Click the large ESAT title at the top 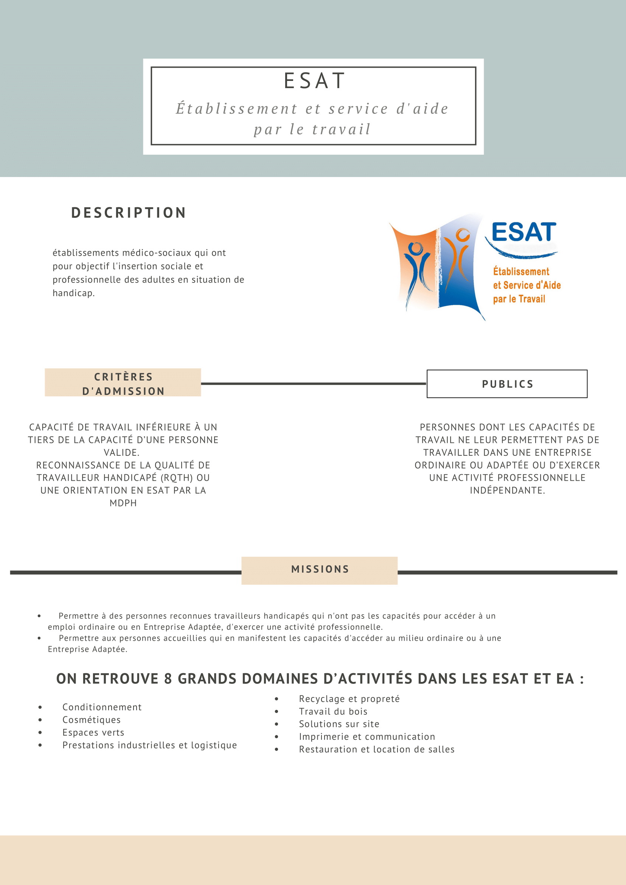[314, 81]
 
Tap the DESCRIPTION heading [129, 213]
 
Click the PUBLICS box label [507, 384]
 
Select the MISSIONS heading [320, 569]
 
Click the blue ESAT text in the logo [524, 232]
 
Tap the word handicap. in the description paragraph [74, 293]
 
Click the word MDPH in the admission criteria [123, 503]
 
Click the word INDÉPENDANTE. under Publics [507, 490]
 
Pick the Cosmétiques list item [92, 720]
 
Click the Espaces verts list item [93, 732]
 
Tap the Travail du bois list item [333, 711]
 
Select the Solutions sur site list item [339, 724]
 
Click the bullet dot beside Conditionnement [40, 707]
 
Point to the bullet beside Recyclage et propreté [276, 699]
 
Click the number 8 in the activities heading [168, 679]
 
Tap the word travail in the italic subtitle [341, 129]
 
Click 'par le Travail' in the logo [519, 299]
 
